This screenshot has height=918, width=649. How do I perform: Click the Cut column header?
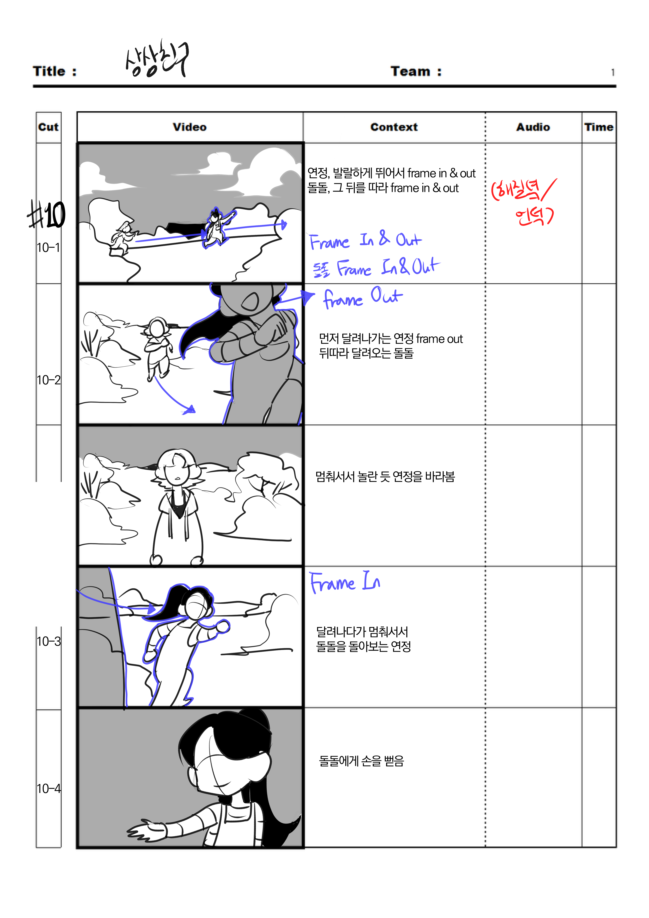tap(48, 127)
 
